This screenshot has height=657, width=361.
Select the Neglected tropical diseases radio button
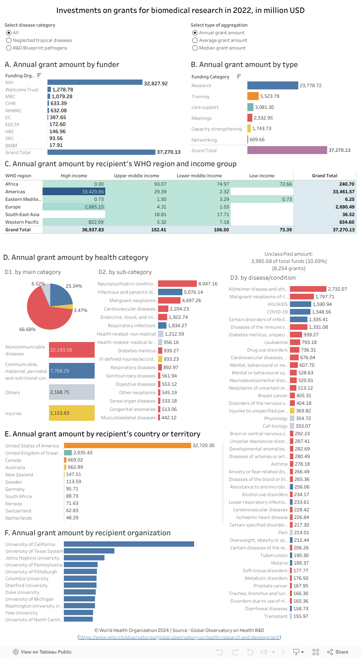pyautogui.click(x=9, y=40)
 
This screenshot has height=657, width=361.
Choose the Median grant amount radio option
pyautogui.click(x=195, y=48)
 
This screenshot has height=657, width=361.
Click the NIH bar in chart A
pyautogui.click(x=95, y=83)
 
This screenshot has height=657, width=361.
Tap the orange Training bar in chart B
pyautogui.click(x=253, y=96)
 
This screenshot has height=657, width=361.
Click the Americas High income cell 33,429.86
pyautogui.click(x=74, y=192)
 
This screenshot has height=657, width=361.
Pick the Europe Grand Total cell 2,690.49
pyautogui.click(x=325, y=207)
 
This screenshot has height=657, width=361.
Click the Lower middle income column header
pyautogui.click(x=199, y=176)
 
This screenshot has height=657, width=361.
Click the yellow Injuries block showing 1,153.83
pyautogui.click(x=71, y=413)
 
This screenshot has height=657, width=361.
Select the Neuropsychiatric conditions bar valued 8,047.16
pyautogui.click(x=177, y=284)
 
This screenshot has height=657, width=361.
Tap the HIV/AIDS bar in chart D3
pyautogui.click(x=300, y=304)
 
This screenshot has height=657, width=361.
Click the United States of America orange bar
pyautogui.click(x=127, y=445)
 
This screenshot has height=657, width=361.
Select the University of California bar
pyautogui.click(x=129, y=544)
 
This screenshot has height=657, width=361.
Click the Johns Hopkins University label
pyautogui.click(x=32, y=558)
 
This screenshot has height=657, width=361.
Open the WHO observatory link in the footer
pyautogui.click(x=179, y=637)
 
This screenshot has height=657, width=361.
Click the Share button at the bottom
pyautogui.click(x=338, y=652)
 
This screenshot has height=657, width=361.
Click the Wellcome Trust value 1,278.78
pyautogui.click(x=63, y=90)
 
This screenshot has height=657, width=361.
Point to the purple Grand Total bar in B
pyautogui.click(x=287, y=150)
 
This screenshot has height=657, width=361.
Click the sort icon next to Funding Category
pyautogui.click(x=239, y=76)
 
